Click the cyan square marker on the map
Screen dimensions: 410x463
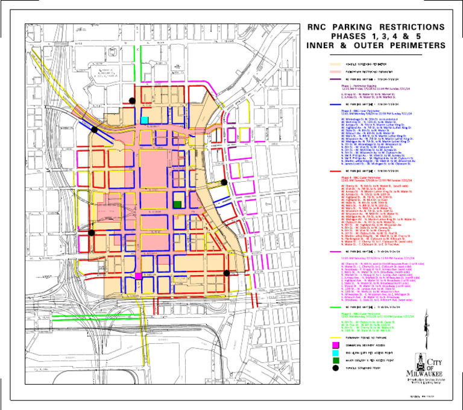pyautogui.click(x=144, y=119)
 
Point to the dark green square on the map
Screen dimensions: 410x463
pyautogui.click(x=177, y=205)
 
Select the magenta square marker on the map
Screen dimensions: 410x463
pyautogui.click(x=138, y=275)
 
